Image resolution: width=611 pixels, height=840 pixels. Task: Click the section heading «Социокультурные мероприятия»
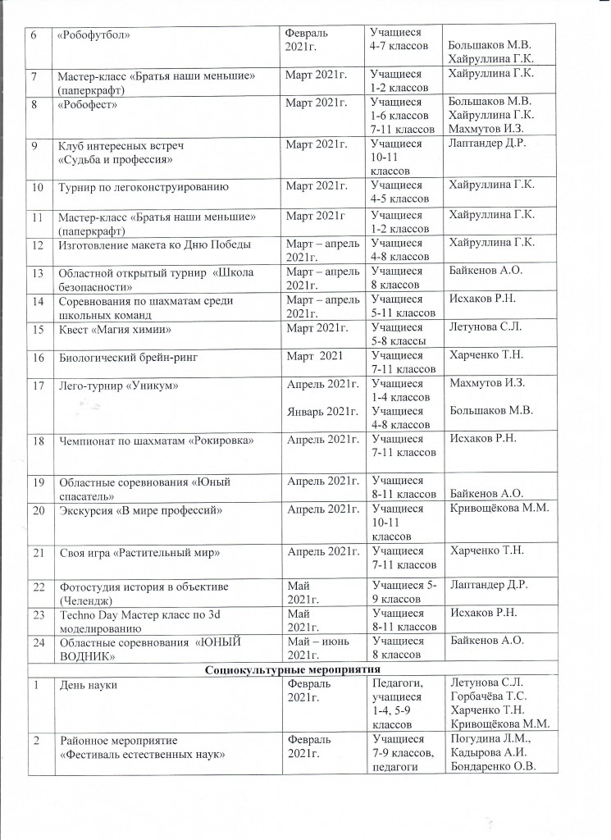point(304,669)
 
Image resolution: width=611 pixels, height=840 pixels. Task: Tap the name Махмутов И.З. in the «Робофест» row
point(486,129)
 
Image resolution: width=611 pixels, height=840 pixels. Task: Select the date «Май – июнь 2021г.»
point(317,646)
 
